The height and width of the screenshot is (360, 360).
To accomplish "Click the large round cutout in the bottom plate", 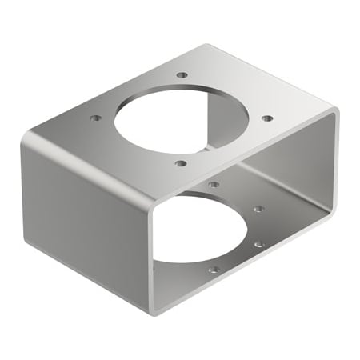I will coord(200,232).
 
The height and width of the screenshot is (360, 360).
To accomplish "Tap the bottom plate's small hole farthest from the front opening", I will coord(214,185).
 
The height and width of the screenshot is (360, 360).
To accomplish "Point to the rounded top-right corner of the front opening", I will coord(333,114).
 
